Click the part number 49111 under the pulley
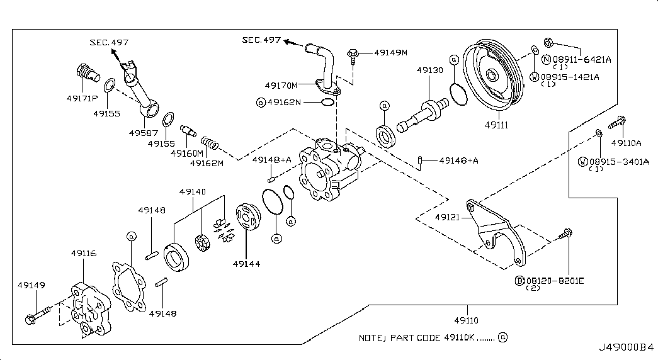[x=496, y=125]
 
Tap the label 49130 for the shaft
[x=428, y=71]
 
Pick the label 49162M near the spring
[x=207, y=164]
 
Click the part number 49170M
[x=281, y=84]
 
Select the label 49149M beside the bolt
[x=391, y=52]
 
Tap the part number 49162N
[x=284, y=102]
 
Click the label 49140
[x=192, y=191]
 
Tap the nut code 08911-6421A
[x=582, y=60]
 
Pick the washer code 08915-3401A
[x=620, y=162]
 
